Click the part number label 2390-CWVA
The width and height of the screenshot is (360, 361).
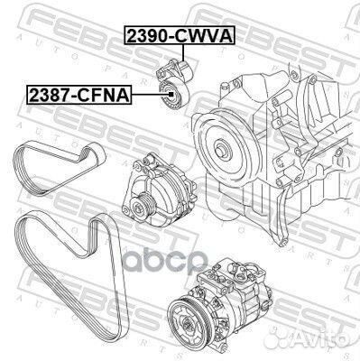179,35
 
